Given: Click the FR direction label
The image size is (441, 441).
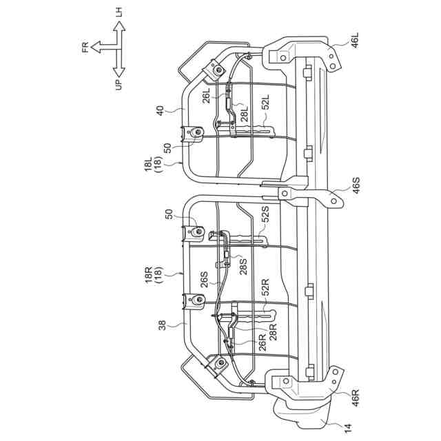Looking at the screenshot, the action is click(x=85, y=47).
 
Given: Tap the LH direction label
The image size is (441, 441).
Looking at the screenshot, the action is click(x=119, y=12).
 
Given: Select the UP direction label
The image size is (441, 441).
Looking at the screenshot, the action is click(x=119, y=84).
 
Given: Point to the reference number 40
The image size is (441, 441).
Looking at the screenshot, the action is click(x=160, y=110).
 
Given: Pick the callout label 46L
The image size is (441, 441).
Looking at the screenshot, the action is click(x=356, y=41).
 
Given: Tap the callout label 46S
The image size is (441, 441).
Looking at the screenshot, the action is click(x=356, y=185).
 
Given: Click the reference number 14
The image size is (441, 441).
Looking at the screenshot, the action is click(x=348, y=429).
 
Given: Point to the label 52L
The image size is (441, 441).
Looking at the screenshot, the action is click(x=265, y=101).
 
